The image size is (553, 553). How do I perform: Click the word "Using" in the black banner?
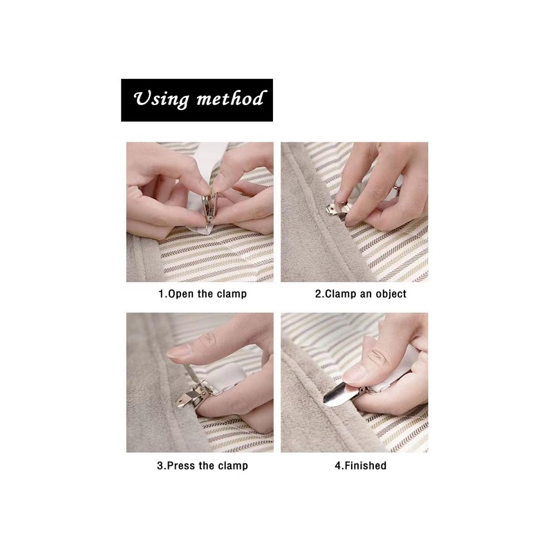tap(161, 100)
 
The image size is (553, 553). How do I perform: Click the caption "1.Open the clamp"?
tap(203, 294)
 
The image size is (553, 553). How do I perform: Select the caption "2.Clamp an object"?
tap(360, 294)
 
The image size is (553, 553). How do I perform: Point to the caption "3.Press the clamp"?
tap(202, 465)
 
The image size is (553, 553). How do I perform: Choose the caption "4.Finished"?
tap(360, 465)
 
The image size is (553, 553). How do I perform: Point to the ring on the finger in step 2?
tap(397, 187)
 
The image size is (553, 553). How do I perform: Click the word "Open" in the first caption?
tap(181, 294)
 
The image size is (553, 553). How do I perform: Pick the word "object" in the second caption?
tap(390, 294)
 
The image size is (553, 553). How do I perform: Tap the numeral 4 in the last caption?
tap(337, 465)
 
